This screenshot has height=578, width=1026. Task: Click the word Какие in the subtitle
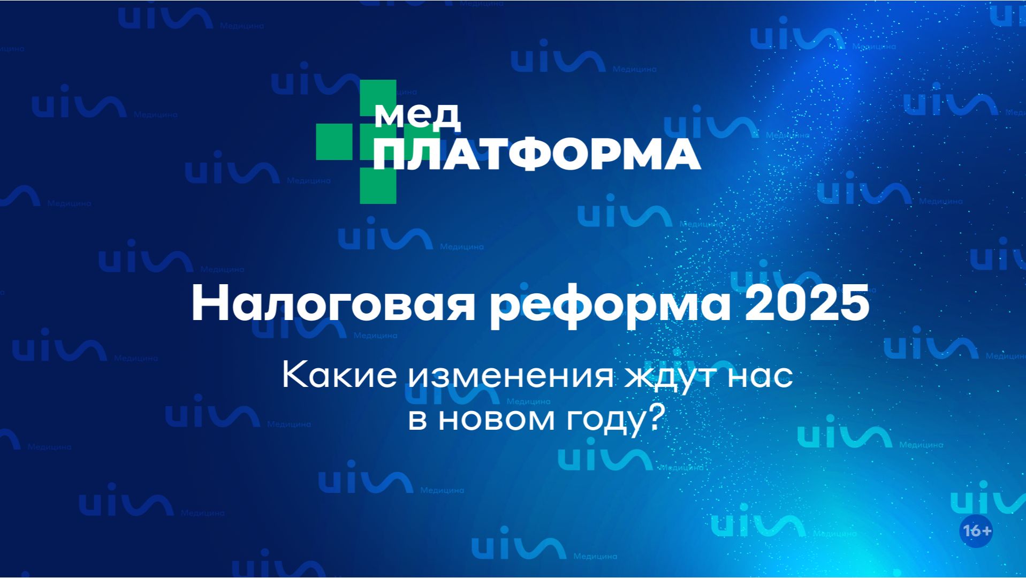point(339,375)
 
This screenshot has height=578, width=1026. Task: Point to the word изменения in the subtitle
point(511,376)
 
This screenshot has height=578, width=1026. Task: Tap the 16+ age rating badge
point(977,531)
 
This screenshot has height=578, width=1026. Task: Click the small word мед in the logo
point(417,116)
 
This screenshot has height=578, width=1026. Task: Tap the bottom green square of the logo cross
point(378,186)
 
